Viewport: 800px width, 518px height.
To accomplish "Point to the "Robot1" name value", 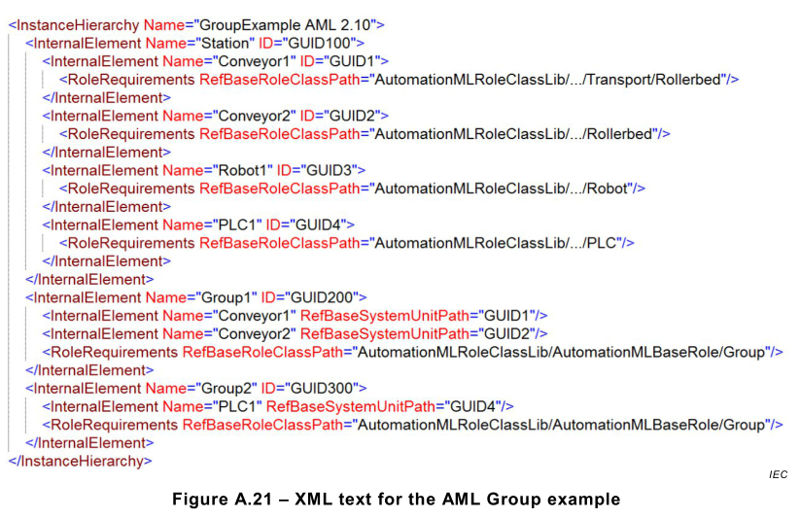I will [x=237, y=170].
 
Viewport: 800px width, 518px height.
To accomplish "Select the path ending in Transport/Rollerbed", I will [x=550, y=79].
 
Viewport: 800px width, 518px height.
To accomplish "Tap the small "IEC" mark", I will [x=777, y=474].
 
